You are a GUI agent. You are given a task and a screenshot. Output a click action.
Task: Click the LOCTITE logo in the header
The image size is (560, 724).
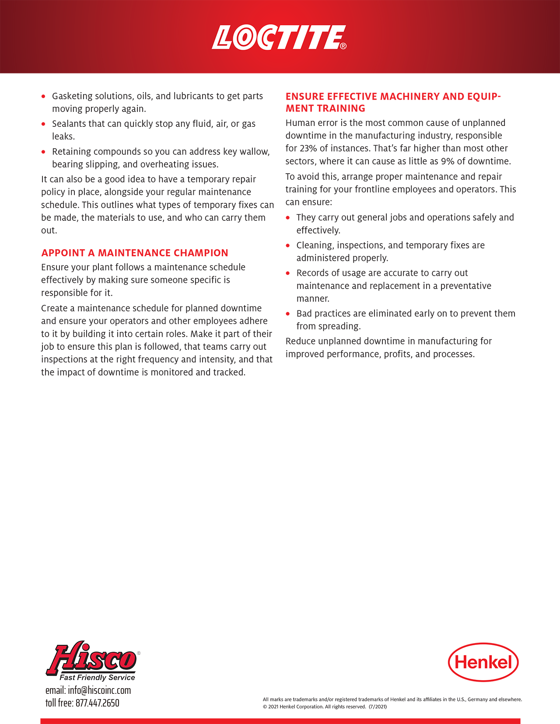click(x=279, y=38)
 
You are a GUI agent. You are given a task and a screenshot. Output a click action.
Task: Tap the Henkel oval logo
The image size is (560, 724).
click(x=483, y=662)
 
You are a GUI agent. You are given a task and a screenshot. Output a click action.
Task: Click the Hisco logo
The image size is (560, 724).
click(x=92, y=658)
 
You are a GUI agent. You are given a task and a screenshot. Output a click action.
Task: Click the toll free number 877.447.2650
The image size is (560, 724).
click(x=97, y=703)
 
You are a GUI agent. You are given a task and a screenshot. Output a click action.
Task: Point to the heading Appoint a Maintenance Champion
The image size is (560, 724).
click(x=135, y=253)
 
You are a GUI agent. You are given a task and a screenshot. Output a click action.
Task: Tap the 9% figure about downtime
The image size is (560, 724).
click(x=448, y=161)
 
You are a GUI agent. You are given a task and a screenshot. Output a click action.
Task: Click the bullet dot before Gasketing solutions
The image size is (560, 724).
click(x=43, y=96)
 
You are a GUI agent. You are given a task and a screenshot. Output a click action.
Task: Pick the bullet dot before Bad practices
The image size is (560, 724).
click(x=288, y=314)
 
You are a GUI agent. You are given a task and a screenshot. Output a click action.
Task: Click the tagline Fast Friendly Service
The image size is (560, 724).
click(x=97, y=677)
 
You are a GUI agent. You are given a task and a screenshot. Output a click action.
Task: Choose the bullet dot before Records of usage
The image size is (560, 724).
click(x=288, y=273)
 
